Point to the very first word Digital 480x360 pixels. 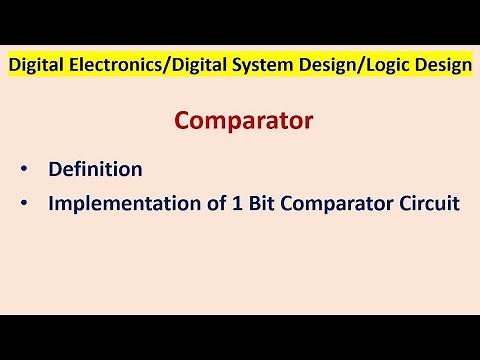(36, 66)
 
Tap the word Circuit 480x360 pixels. (428, 203)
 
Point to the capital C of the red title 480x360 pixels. (183, 121)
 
